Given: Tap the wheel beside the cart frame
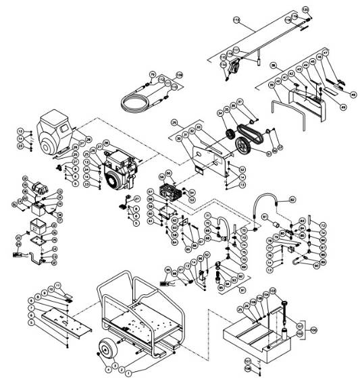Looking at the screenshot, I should (106, 348).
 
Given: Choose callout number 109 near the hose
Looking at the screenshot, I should (180, 74).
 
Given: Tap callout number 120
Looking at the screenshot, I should (305, 9).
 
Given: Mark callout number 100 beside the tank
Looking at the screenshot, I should (313, 331).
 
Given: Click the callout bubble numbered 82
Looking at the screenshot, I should (292, 199).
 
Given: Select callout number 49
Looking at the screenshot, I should (343, 106).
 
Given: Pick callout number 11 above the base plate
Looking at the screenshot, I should (57, 286).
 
